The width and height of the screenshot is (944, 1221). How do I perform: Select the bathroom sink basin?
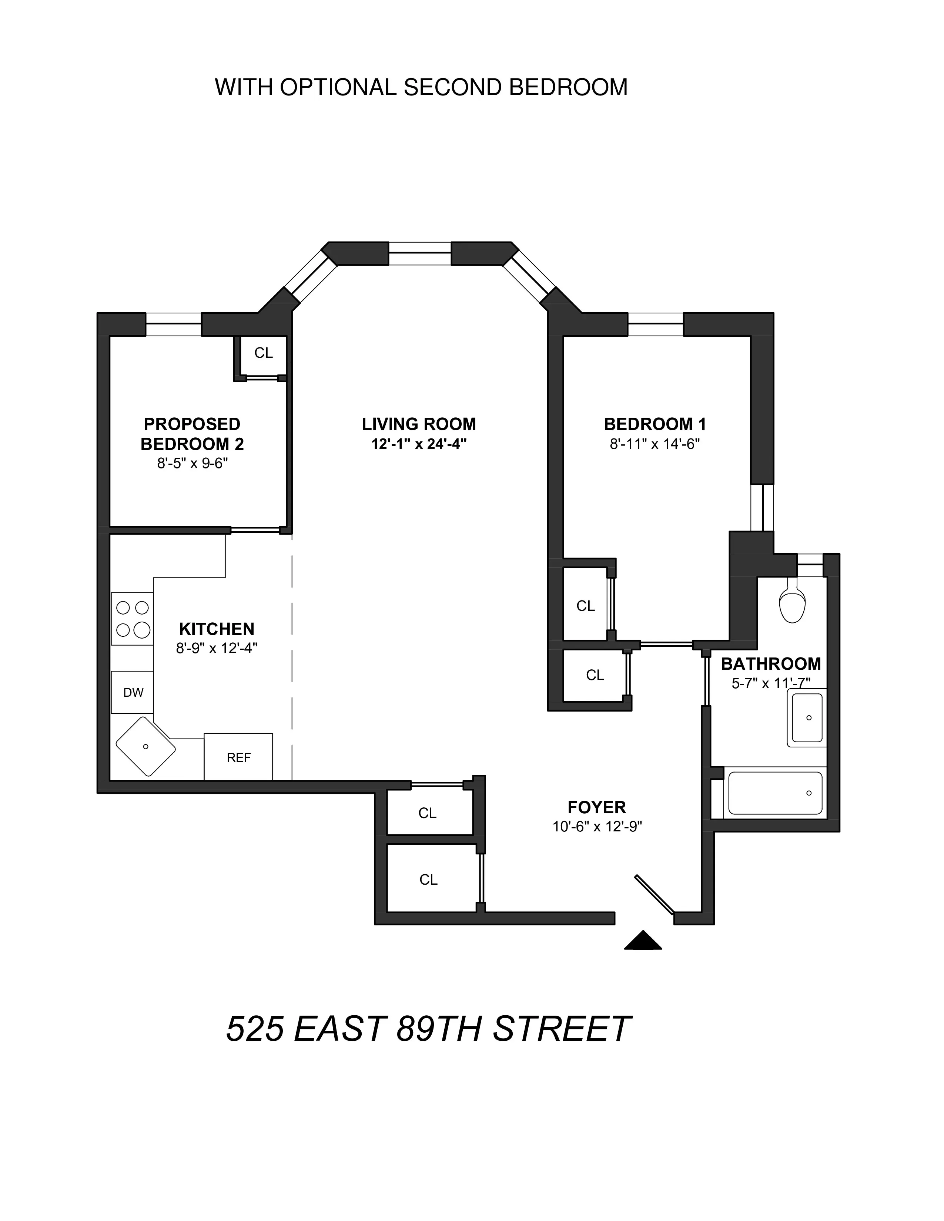click(x=807, y=718)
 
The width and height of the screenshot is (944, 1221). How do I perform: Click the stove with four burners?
click(x=133, y=619)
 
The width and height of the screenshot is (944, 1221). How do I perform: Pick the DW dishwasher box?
click(x=133, y=693)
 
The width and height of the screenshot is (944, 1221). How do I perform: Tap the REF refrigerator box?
click(x=238, y=757)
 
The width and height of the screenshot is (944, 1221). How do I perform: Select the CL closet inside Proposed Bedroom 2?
click(x=263, y=353)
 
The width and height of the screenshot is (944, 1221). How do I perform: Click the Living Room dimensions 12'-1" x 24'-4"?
click(x=419, y=444)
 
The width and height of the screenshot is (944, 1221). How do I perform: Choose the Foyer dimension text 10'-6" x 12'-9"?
click(x=597, y=827)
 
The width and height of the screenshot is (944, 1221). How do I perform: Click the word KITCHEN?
click(x=217, y=629)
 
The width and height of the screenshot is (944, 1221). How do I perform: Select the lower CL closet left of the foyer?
click(x=428, y=880)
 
